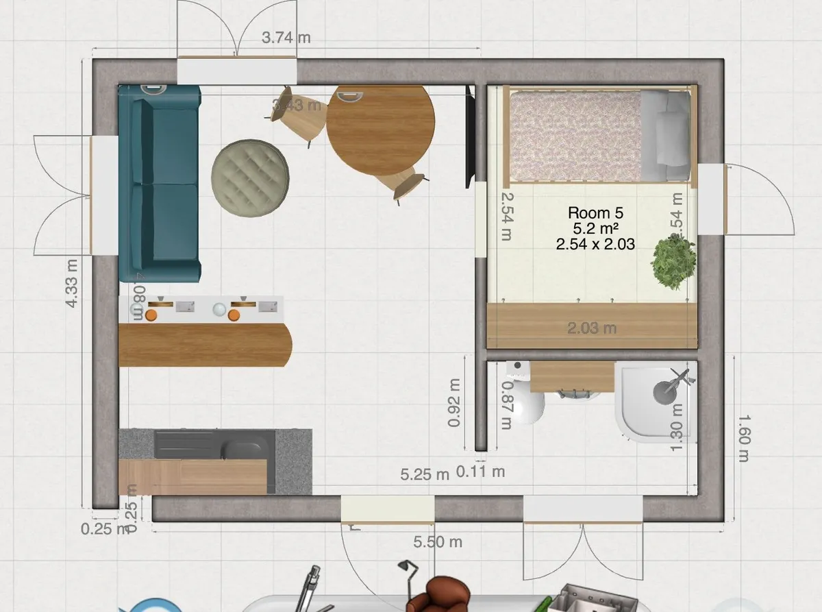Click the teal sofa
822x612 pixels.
tap(159, 184)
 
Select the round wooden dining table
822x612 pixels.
tap(380, 130)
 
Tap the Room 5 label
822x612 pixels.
tap(595, 213)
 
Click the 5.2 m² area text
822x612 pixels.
tap(595, 228)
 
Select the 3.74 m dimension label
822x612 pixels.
tap(286, 38)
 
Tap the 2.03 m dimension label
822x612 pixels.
tap(592, 328)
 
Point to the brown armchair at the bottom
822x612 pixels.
tap(438, 595)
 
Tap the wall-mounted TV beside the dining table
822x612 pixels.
tap(470, 137)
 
